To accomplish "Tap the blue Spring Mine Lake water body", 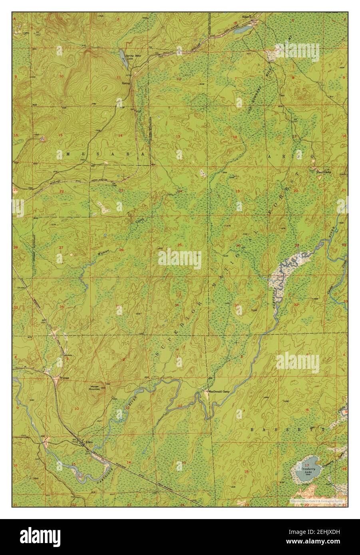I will pyautogui.click(x=121, y=54).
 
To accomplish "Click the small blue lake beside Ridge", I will pyautogui.click(x=241, y=30).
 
